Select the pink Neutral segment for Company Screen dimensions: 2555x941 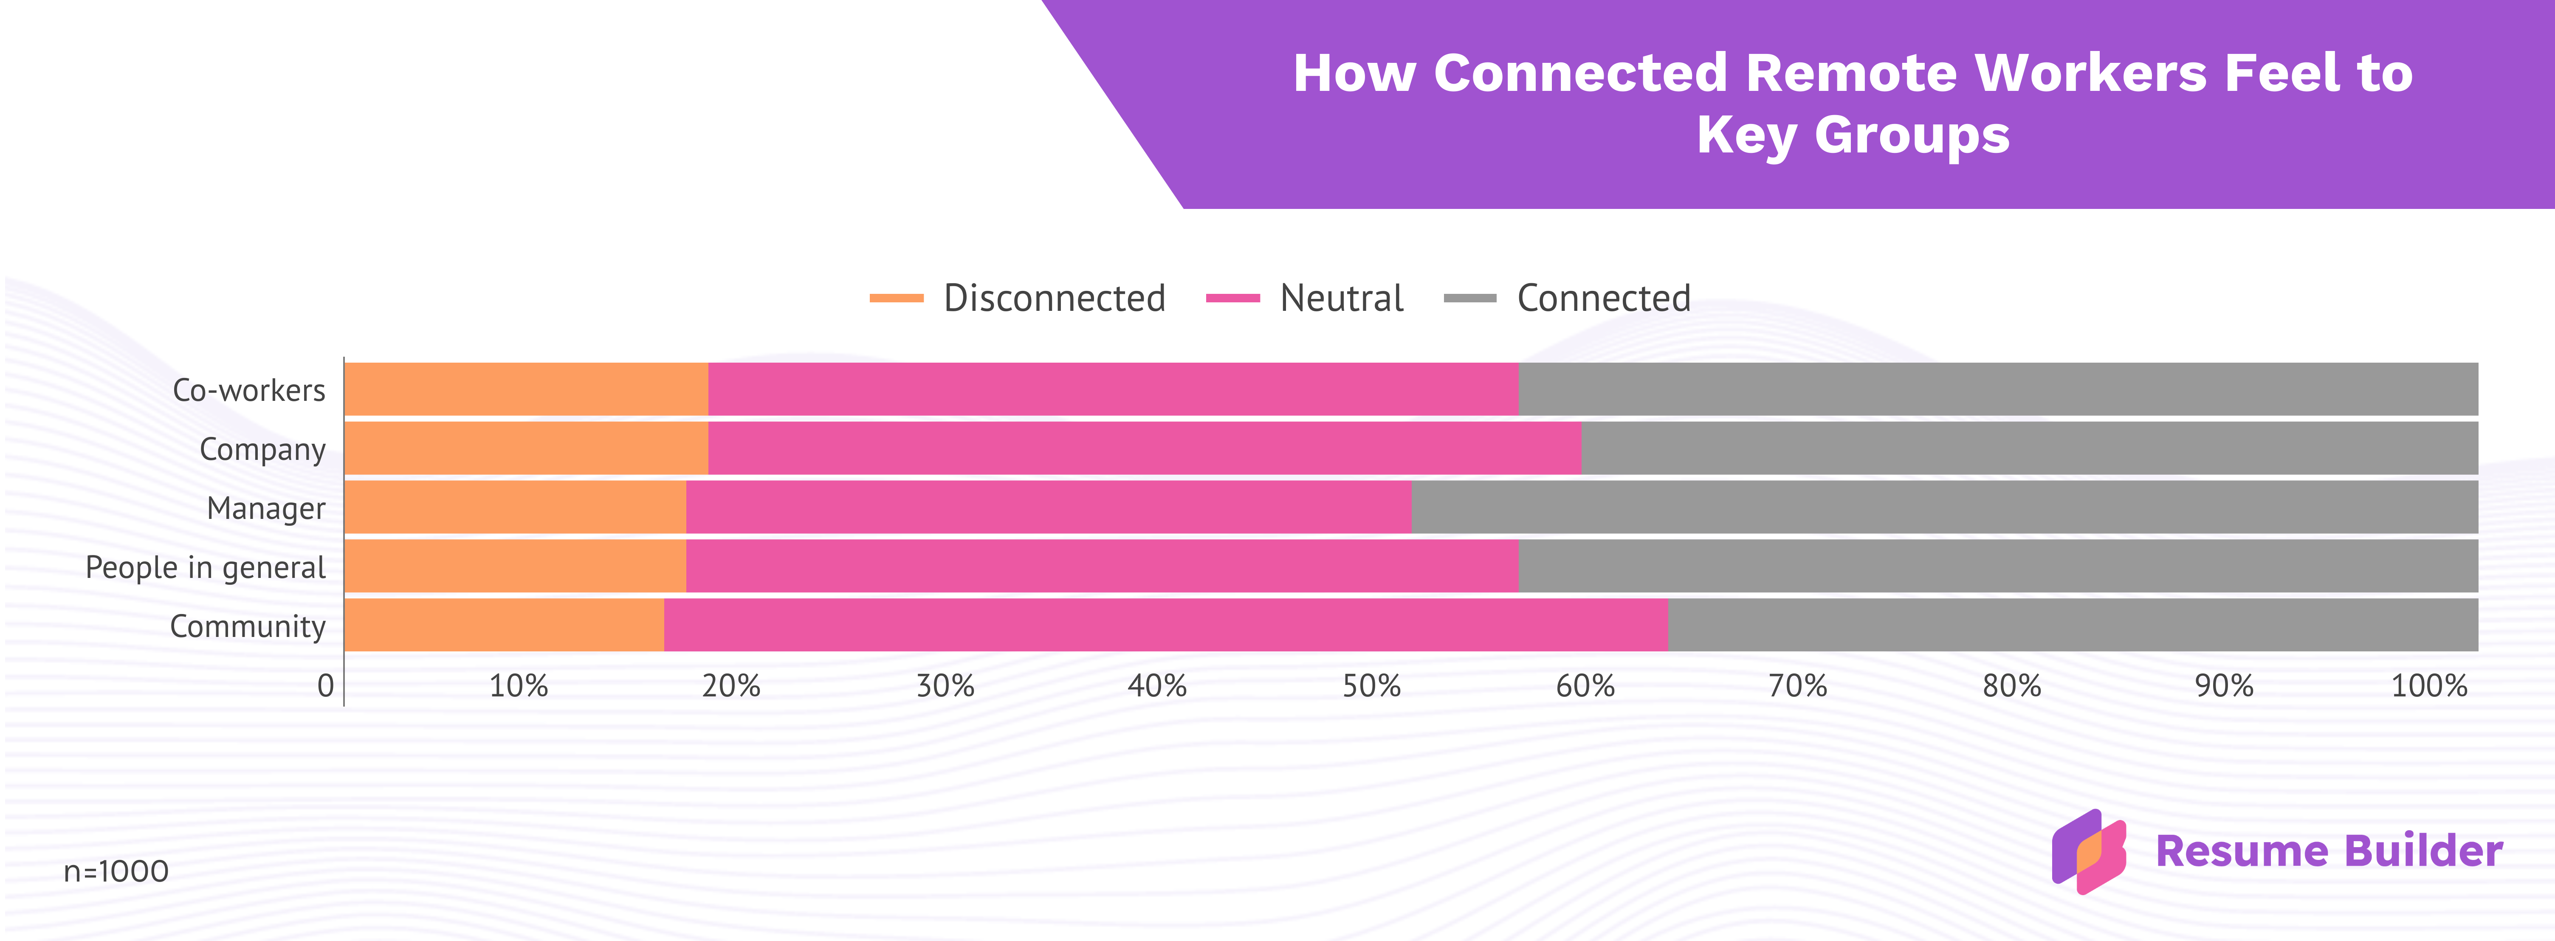point(1145,448)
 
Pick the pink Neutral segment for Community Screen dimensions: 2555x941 point(1166,625)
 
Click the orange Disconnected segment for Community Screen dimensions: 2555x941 point(505,625)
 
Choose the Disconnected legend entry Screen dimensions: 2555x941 point(1018,298)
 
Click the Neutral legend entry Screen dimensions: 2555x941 point(1304,298)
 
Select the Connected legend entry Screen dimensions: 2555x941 point(1567,298)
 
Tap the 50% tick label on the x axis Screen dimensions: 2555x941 point(1372,685)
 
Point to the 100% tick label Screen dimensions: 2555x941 point(2429,685)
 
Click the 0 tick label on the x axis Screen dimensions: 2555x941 point(325,685)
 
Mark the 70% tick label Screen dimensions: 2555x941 point(1798,685)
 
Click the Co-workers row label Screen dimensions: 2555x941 point(249,390)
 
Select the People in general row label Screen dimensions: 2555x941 point(205,567)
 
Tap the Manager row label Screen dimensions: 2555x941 point(266,508)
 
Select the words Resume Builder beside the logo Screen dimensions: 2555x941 point(2329,851)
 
